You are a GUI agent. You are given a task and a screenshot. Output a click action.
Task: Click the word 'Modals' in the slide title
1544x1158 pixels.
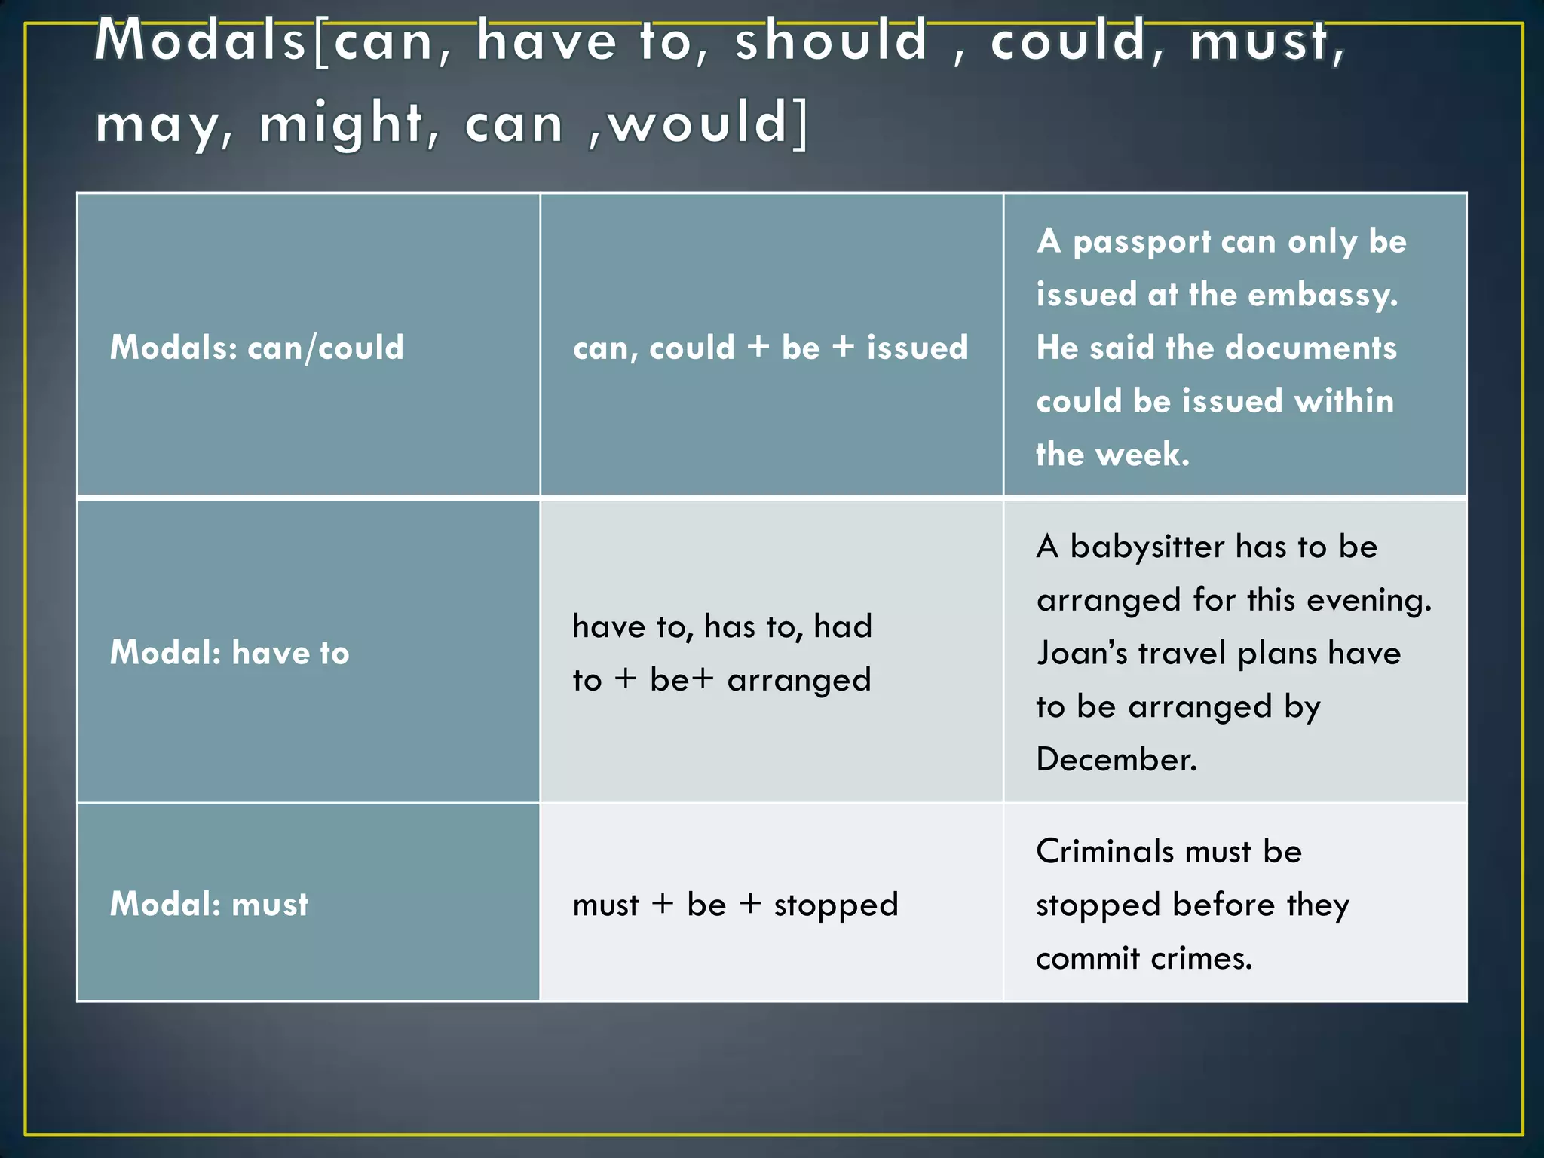click(200, 41)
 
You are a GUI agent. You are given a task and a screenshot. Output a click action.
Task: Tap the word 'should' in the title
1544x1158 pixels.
click(831, 41)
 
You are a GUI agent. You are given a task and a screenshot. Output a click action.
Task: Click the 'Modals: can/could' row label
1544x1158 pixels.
click(257, 348)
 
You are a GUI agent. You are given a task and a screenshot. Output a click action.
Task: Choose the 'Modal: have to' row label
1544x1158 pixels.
click(230, 653)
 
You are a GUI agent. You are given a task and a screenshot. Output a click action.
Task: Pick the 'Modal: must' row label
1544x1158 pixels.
click(210, 904)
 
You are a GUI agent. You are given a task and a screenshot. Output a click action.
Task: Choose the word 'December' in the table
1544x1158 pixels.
click(1116, 759)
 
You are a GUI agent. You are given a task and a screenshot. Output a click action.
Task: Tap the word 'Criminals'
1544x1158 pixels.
click(1105, 852)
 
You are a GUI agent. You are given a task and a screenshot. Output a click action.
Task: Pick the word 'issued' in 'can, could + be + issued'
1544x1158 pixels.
click(917, 348)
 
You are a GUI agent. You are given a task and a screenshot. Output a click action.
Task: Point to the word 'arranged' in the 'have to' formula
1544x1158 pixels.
click(799, 680)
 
